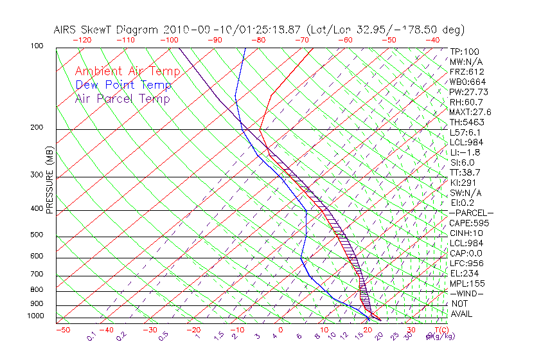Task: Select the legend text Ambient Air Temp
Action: [128, 71]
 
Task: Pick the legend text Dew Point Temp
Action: [123, 85]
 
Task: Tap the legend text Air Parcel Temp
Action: [123, 99]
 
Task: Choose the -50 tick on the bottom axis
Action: [63, 330]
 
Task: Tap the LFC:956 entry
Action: [466, 264]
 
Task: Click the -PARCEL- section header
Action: [471, 213]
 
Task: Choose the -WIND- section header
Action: [467, 294]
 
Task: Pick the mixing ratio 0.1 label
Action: [92, 336]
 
